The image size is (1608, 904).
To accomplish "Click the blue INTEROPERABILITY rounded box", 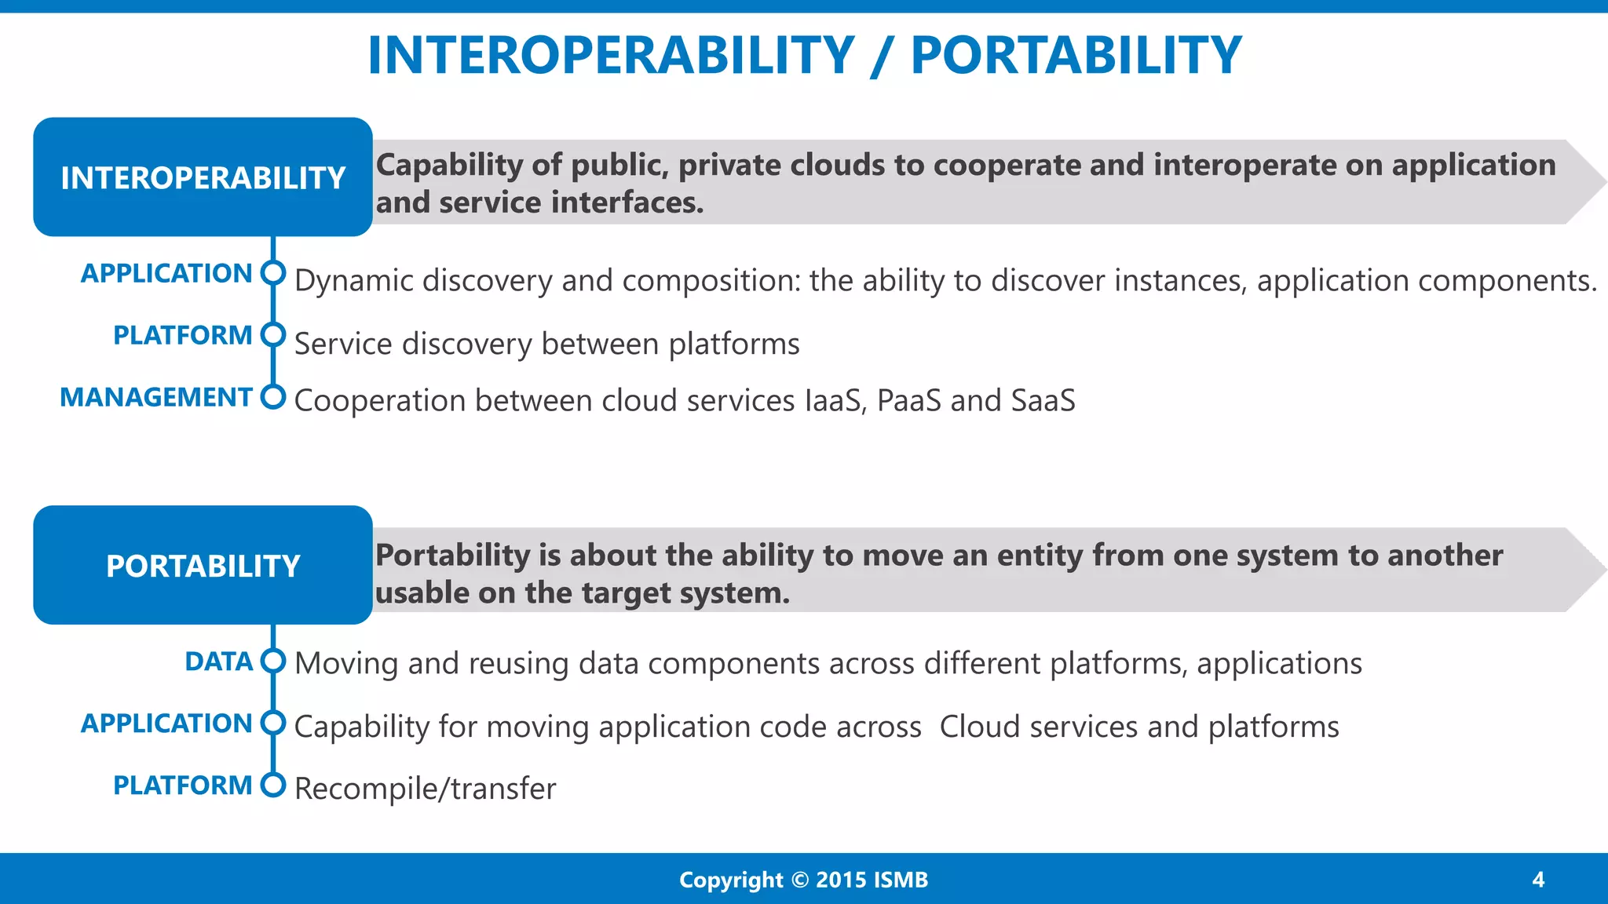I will click(203, 177).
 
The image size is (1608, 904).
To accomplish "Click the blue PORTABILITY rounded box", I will click(203, 565).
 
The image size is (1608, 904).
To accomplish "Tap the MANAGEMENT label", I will click(156, 397).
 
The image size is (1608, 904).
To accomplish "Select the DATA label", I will click(218, 662).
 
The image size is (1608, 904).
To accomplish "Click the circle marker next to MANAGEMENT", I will click(273, 397).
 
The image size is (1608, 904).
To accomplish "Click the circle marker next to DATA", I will click(273, 661).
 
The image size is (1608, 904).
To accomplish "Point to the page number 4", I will click(1538, 879).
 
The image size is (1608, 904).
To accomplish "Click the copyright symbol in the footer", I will click(799, 880).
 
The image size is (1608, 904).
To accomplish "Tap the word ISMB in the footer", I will click(900, 880).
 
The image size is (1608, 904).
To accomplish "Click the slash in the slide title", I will click(882, 56).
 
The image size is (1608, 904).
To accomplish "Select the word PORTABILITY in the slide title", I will click(1076, 56).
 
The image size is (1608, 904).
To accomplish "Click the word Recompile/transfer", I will click(425, 789).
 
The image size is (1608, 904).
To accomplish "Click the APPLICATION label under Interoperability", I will click(166, 273).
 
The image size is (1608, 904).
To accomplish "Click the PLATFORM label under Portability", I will click(182, 785).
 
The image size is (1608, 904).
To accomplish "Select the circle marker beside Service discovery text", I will click(273, 335).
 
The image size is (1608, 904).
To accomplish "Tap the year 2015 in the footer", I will click(841, 880).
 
